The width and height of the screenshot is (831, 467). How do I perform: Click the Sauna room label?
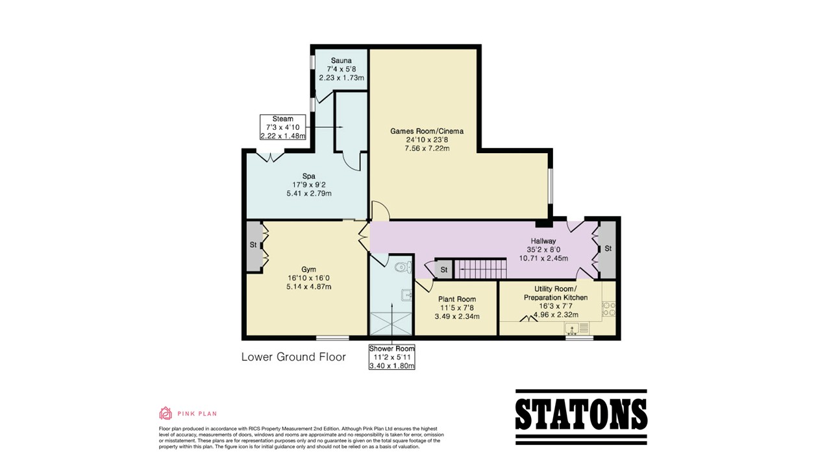(341, 60)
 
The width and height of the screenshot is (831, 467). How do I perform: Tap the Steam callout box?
(283, 127)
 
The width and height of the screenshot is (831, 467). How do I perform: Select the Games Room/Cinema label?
(427, 131)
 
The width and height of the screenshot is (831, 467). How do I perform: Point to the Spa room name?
(308, 176)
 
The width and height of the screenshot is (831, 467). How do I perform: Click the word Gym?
(308, 269)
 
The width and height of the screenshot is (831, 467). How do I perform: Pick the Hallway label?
(543, 241)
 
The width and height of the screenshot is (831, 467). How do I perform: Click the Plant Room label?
(457, 299)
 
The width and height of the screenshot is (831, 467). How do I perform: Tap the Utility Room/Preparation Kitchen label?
(555, 293)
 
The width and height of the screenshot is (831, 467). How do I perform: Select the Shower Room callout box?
(391, 357)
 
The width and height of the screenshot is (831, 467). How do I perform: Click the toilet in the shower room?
(404, 267)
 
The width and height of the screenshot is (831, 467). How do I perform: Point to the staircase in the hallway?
(481, 269)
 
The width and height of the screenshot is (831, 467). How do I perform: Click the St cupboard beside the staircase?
(443, 270)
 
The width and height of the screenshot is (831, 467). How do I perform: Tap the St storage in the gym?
(254, 245)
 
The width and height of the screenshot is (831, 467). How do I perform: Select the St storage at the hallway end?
(607, 248)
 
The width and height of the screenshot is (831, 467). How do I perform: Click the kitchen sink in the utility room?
(577, 328)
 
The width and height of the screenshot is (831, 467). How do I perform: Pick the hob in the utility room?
(608, 309)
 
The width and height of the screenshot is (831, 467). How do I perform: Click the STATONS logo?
(581, 417)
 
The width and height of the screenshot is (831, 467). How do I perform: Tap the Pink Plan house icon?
(166, 413)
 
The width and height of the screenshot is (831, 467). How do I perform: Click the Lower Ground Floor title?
(293, 357)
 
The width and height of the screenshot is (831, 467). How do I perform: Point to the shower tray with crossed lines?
(391, 324)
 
